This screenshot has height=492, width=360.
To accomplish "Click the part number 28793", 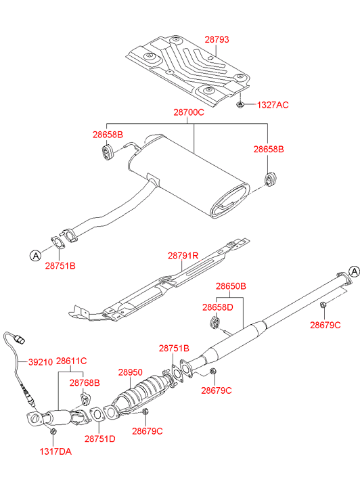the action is coord(217,39).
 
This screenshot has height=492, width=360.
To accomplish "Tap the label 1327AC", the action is coord(273,105).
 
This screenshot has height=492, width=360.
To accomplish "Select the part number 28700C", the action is coord(189,112).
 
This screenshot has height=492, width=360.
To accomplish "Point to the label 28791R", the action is coord(183,256).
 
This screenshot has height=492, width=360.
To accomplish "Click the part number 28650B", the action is coord(231,286).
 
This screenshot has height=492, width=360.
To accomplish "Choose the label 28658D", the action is coord(217,307).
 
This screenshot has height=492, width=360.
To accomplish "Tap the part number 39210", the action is coord(41,362).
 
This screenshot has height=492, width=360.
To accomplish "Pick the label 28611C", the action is coord(71,361).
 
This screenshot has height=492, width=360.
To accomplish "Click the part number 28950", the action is coord(130,372).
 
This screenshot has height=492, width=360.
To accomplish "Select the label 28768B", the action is coord(85,383).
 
